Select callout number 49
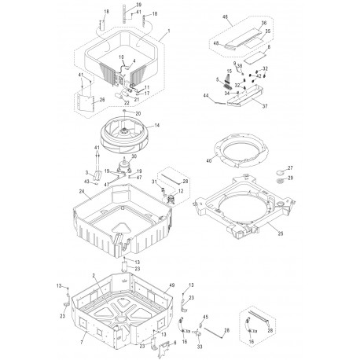[x=171, y=286]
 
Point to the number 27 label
[x=289, y=168]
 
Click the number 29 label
[x=289, y=179]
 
